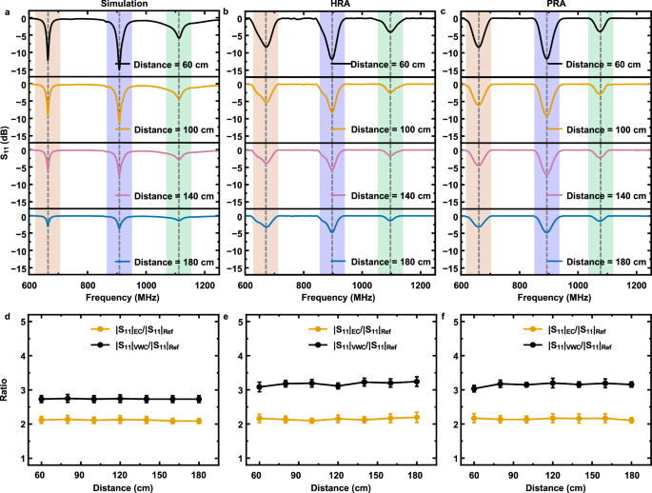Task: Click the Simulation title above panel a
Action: click(x=124, y=6)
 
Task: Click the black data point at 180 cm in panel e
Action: click(x=389, y=382)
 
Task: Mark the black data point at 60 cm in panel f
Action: click(x=474, y=388)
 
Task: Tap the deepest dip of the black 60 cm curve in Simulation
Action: click(x=48, y=60)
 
